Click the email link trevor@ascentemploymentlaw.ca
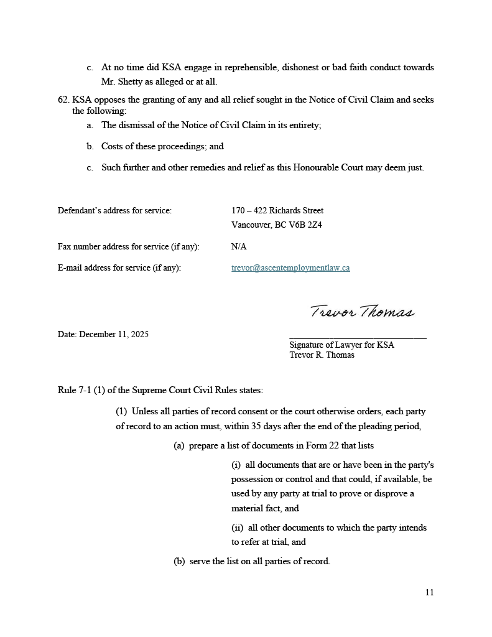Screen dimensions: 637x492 [x=290, y=268]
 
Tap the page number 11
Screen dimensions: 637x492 [x=429, y=592]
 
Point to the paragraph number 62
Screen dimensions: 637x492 [x=63, y=100]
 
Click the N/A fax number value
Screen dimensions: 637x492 [x=239, y=246]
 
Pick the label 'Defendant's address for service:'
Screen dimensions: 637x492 [x=114, y=210]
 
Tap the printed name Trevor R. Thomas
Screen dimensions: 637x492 [x=322, y=355]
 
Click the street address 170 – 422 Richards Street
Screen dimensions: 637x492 [x=277, y=210]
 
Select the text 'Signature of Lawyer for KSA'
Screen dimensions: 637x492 [x=341, y=345]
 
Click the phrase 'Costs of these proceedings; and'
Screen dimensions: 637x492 [x=162, y=146]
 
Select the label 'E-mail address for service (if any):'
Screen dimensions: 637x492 [x=119, y=268]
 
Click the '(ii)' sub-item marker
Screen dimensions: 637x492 [x=237, y=528]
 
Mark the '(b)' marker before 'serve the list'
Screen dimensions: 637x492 [x=179, y=561]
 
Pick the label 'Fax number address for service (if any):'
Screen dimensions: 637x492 [x=129, y=246]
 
